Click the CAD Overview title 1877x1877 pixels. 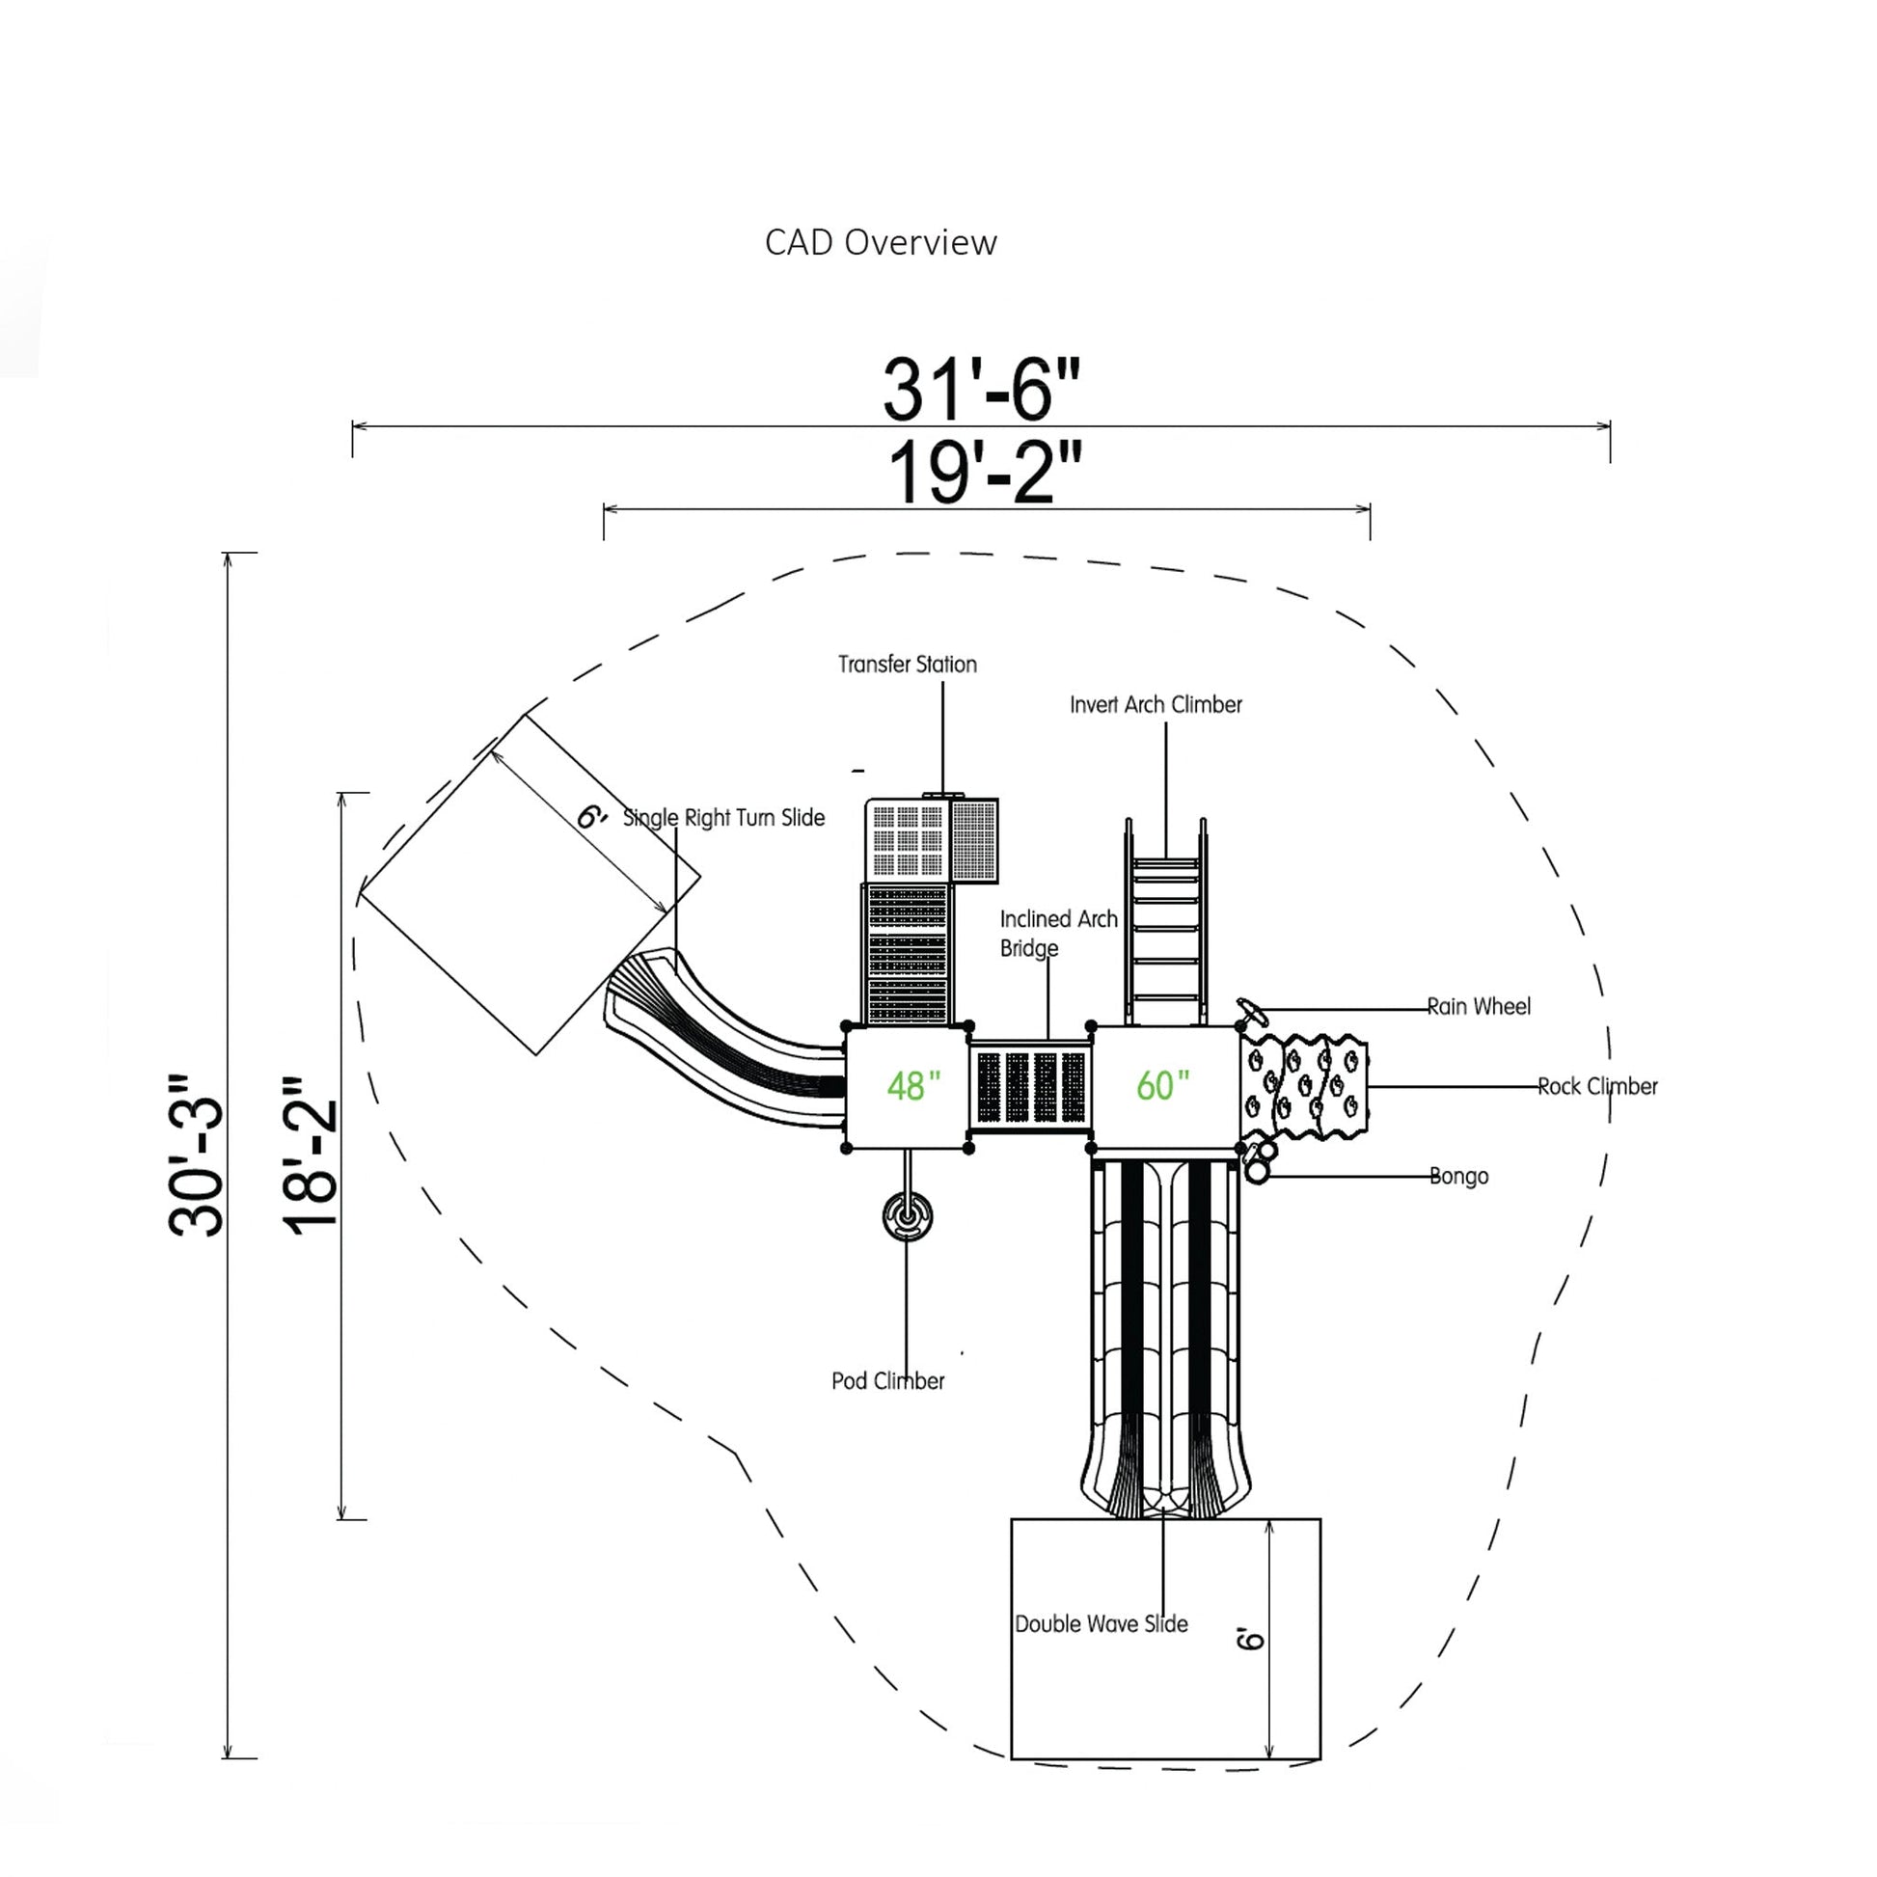coord(881,243)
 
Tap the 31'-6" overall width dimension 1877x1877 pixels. coord(980,390)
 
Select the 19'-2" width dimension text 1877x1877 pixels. coord(984,474)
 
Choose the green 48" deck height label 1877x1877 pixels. coord(913,1085)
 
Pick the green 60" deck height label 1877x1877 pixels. coord(1162,1085)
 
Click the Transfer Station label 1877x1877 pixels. coord(908,665)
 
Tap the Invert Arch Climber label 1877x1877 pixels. coord(1156,704)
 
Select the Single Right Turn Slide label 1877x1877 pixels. coord(723,818)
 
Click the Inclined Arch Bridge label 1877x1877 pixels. coord(1058,933)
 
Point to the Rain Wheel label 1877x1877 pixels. coord(1478,1007)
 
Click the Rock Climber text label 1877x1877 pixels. coord(1596,1086)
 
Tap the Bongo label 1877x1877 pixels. coord(1458,1177)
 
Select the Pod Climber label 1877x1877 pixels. coord(887,1380)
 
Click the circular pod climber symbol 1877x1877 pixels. coord(908,1216)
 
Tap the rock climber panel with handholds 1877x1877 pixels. coord(1305,1085)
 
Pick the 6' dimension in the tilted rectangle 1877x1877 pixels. coord(590,817)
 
